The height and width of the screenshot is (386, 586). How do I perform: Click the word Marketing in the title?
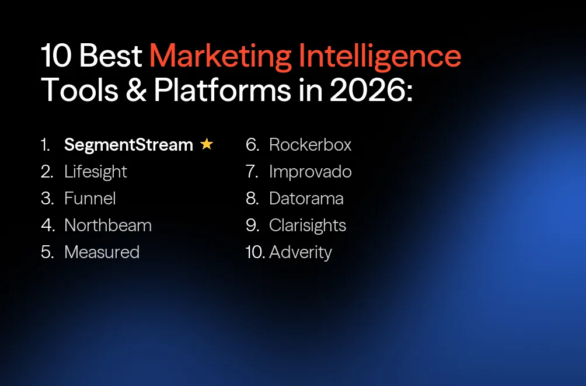point(220,57)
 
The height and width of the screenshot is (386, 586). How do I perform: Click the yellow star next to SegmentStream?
point(207,144)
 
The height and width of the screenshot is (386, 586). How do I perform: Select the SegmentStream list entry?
point(128,145)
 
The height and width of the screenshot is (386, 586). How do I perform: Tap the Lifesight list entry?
point(95,172)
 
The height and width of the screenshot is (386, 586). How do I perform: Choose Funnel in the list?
point(90,199)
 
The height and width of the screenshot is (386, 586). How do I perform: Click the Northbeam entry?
point(108,225)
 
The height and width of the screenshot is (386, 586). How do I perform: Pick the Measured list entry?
point(102,252)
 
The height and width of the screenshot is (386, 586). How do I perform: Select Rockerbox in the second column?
point(310,145)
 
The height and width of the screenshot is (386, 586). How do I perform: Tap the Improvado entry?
point(310,172)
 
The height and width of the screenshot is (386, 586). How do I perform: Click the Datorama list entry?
point(306,199)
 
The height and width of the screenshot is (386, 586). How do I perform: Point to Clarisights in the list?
point(308,225)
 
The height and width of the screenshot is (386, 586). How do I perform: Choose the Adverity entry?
point(301,252)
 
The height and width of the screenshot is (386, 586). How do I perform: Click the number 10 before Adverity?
point(254,252)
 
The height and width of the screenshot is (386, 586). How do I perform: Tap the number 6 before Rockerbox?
point(252,145)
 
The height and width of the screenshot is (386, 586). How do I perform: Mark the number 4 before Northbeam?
point(47,225)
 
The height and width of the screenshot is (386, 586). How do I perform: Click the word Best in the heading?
point(110,57)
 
